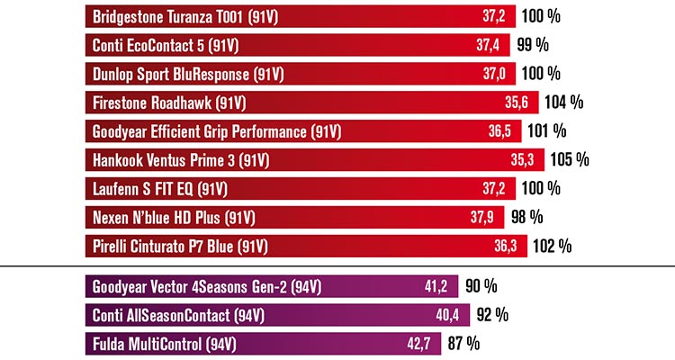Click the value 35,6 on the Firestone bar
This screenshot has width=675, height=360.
[514, 102]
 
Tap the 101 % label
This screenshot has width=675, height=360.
[546, 131]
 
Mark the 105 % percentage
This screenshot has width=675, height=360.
[570, 160]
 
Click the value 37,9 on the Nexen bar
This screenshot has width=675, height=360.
[483, 217]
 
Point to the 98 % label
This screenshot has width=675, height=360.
[528, 217]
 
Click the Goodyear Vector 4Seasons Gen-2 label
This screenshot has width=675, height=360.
[207, 288]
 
